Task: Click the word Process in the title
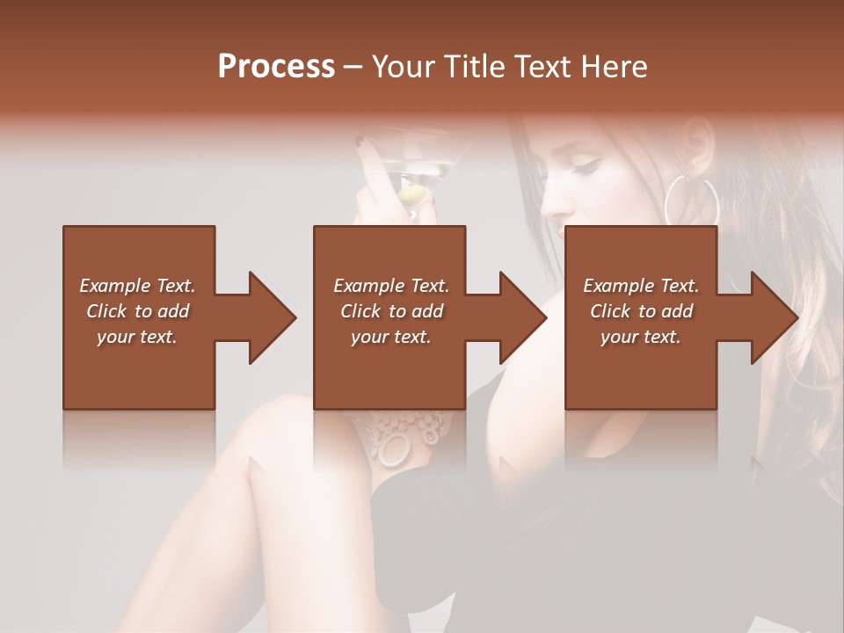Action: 276,67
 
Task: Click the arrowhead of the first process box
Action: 273,317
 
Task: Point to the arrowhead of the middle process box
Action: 523,317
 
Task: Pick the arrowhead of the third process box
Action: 775,317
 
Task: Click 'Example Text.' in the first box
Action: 137,286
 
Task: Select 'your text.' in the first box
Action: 137,337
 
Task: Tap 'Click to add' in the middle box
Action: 391,311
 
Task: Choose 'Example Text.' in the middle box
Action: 391,286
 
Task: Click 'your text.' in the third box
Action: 641,337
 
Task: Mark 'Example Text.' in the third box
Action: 641,286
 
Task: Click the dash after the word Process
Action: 353,67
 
